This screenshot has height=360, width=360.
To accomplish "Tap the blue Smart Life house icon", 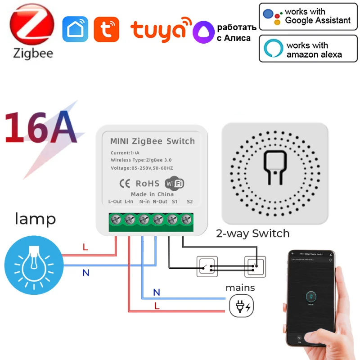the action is [75, 29].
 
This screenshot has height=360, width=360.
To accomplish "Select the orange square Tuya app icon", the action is [107, 29].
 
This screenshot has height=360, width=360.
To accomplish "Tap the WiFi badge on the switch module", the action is [175, 184].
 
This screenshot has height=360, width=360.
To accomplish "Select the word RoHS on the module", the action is [147, 184].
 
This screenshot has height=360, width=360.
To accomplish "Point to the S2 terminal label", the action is [189, 202].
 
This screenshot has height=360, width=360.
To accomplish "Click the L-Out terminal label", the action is [115, 202].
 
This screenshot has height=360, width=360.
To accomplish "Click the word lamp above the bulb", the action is [36, 219].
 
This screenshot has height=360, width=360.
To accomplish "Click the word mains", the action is [240, 288].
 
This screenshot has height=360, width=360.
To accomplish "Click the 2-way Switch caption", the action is [252, 234].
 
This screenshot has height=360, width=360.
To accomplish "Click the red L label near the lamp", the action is [85, 247].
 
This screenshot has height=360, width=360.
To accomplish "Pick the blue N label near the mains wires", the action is [156, 292].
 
